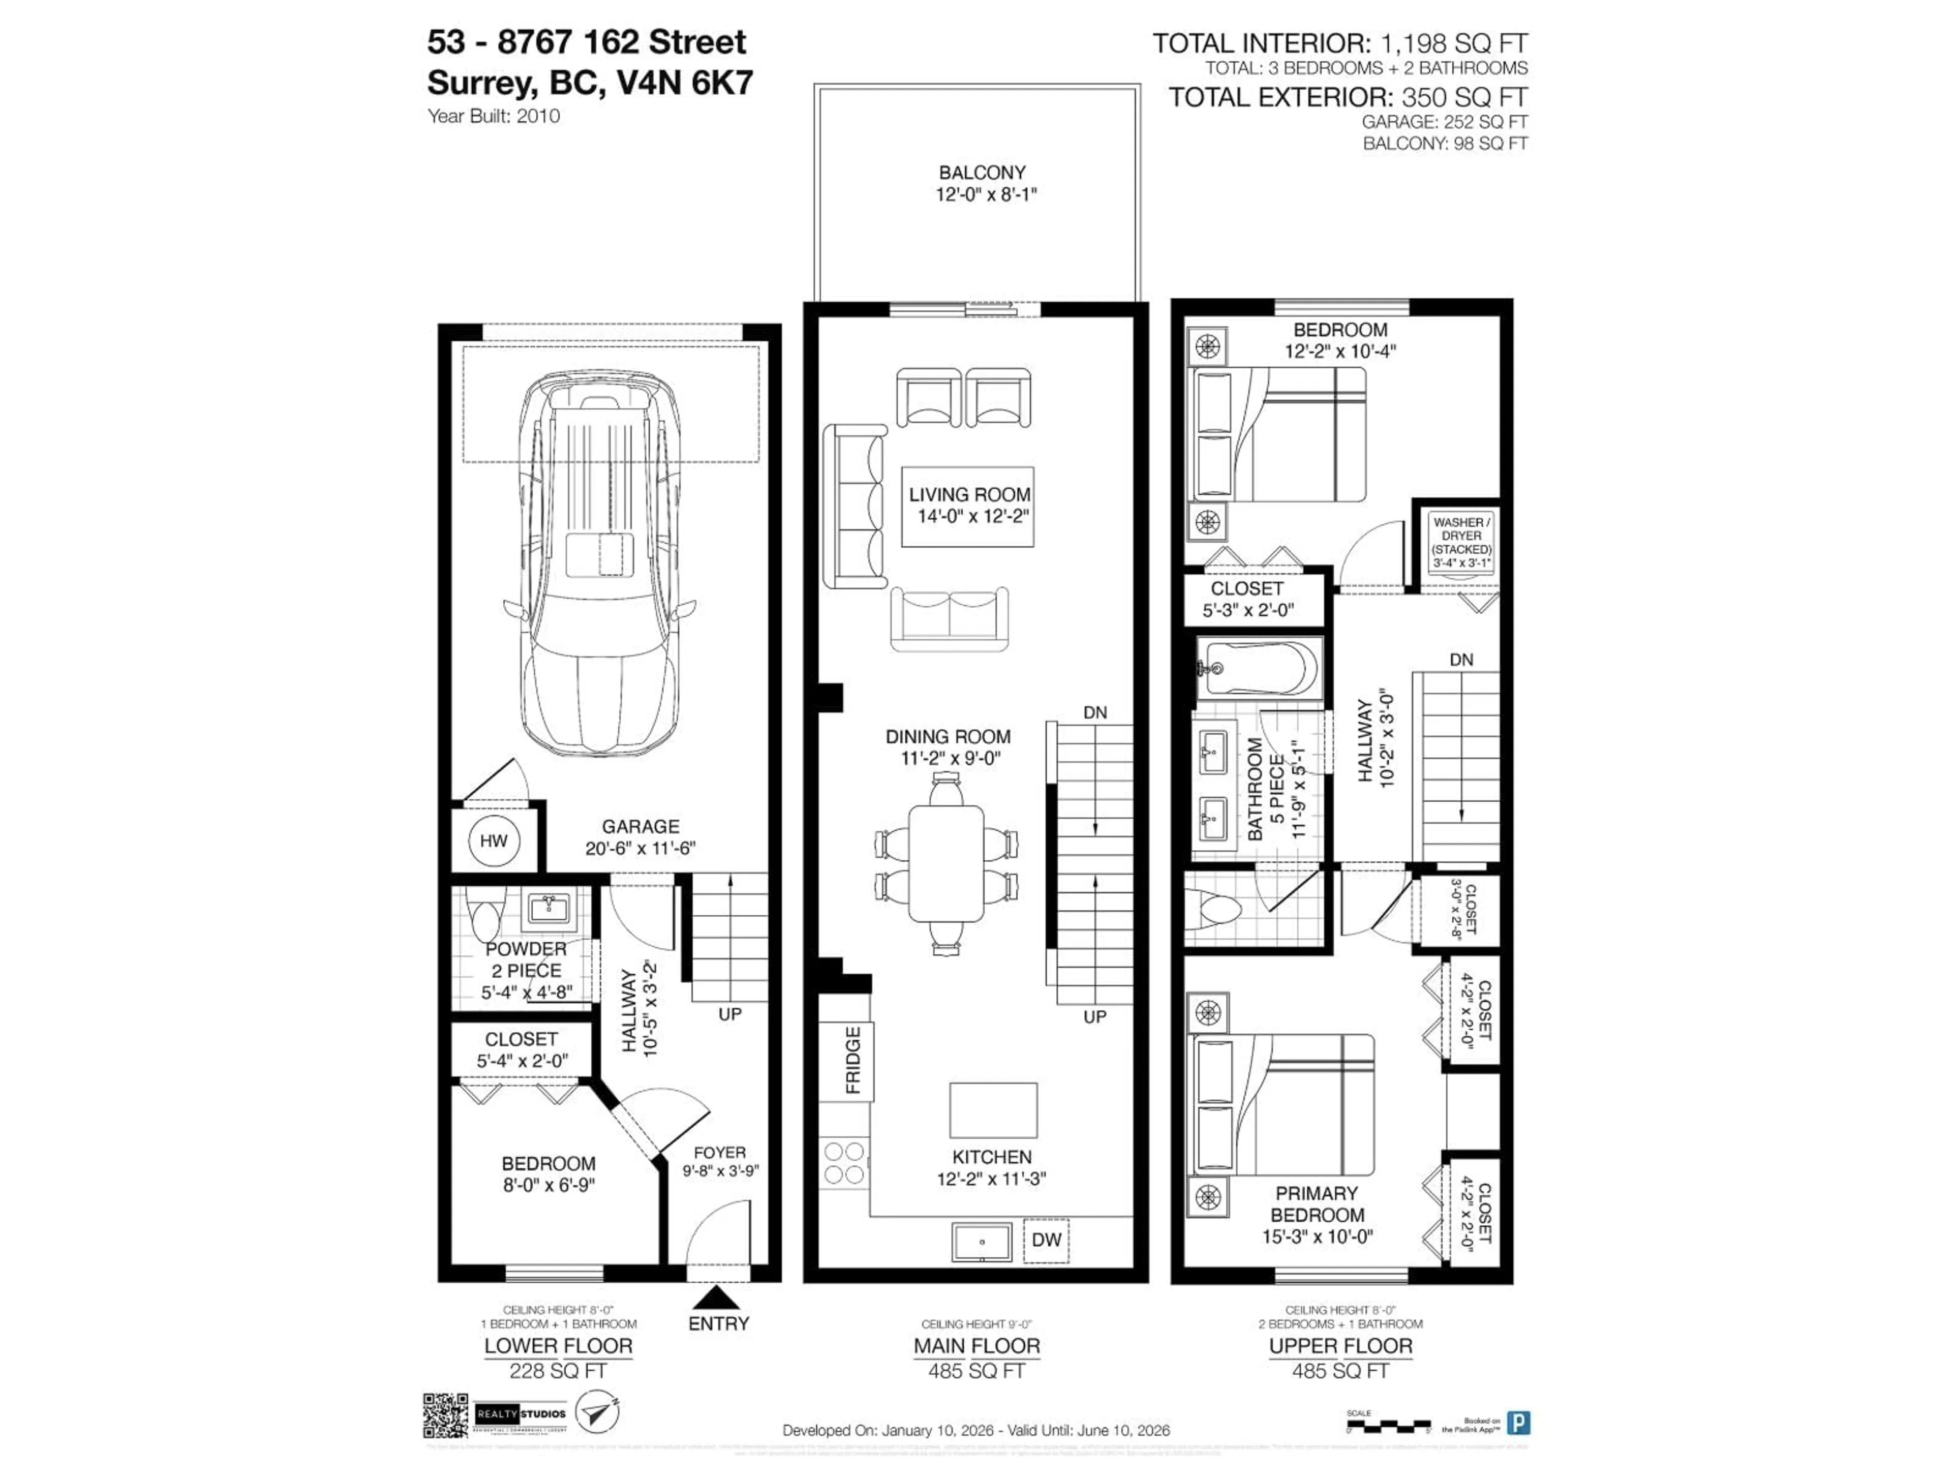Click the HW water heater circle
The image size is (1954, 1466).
click(x=493, y=840)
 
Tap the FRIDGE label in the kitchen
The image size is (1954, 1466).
click(x=852, y=1060)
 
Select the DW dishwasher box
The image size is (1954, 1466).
click(x=1046, y=1240)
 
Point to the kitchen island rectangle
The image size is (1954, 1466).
click(x=993, y=1110)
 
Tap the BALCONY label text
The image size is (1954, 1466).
click(x=982, y=173)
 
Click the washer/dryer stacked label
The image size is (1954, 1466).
click(x=1461, y=542)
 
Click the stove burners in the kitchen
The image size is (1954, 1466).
click(x=844, y=1163)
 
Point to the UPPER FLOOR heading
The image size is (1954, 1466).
click(x=1340, y=1346)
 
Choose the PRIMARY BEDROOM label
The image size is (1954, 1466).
click(x=1316, y=1203)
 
